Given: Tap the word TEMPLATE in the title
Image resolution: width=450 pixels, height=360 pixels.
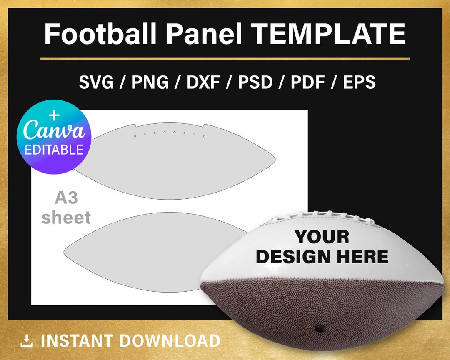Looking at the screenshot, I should (x=329, y=34).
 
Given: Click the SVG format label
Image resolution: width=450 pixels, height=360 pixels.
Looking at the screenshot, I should (x=96, y=82).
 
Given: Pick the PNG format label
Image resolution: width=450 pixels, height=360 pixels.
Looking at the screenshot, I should (x=150, y=82).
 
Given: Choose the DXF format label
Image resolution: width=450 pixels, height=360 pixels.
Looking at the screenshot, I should (x=203, y=82).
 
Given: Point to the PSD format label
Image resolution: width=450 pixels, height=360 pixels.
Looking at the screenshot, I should (x=255, y=82).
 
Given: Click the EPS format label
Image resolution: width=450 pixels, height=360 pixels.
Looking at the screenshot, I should (x=359, y=82).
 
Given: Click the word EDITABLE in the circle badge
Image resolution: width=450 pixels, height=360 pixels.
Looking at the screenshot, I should (x=54, y=150).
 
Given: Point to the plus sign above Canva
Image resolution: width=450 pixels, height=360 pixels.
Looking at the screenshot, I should (x=54, y=115).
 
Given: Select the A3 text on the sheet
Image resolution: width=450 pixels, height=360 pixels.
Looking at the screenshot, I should (x=66, y=198).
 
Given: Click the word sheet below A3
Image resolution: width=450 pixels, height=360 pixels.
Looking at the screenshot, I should (x=66, y=217).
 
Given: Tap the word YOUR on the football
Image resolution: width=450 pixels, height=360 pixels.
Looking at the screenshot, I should (x=322, y=237).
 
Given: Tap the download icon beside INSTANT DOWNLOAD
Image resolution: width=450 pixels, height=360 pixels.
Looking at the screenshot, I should (x=27, y=341).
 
